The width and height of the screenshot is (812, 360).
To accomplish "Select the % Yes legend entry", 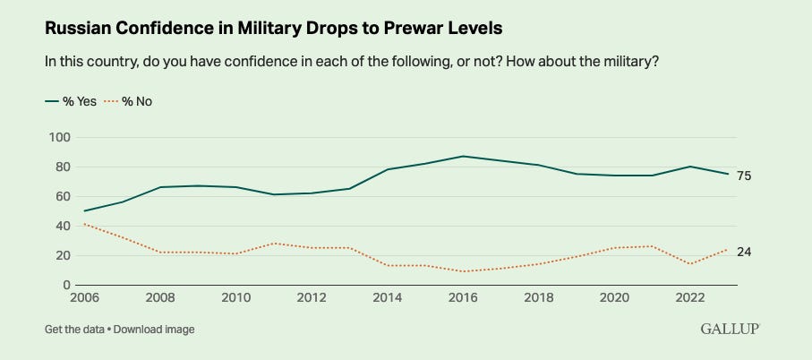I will pyautogui.click(x=72, y=100).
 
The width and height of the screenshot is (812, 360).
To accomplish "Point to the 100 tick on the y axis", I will pyautogui.click(x=58, y=137).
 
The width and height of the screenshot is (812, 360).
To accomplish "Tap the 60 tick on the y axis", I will pyautogui.click(x=62, y=196).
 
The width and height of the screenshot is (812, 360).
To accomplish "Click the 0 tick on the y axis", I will pyautogui.click(x=65, y=285).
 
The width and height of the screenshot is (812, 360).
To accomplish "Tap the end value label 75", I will pyautogui.click(x=743, y=176).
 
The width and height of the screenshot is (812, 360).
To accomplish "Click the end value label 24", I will pyautogui.click(x=743, y=252).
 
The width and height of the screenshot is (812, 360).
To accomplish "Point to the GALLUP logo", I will pyautogui.click(x=729, y=330).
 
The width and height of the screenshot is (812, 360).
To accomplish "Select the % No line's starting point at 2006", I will pyautogui.click(x=84, y=224).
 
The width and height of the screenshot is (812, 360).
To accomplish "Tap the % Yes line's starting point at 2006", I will pyautogui.click(x=84, y=211).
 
